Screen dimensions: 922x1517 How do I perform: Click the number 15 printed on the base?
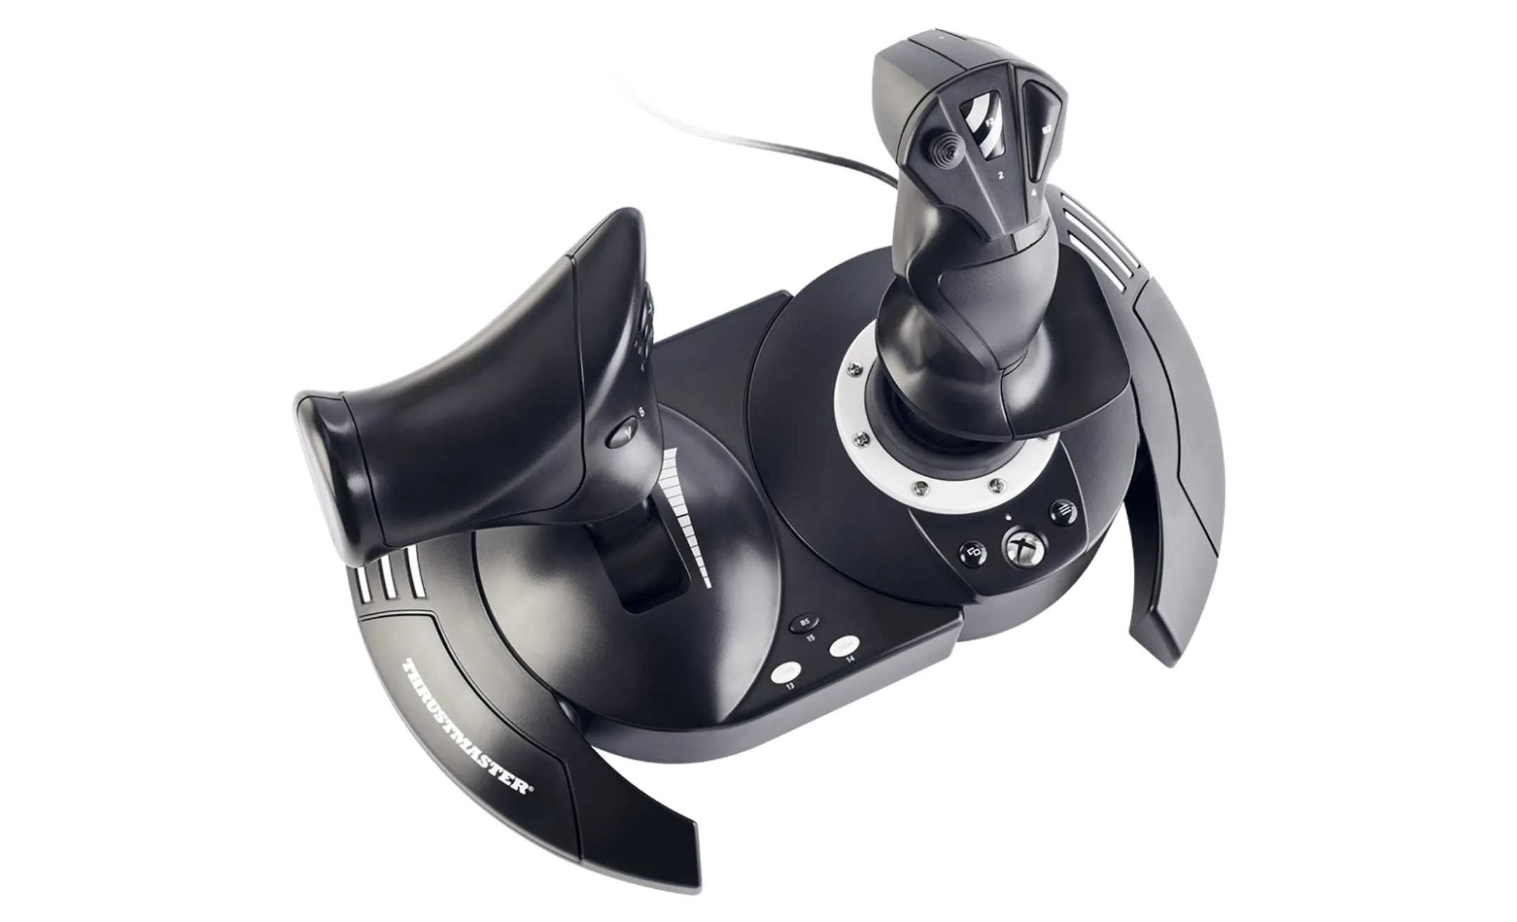click(x=812, y=638)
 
